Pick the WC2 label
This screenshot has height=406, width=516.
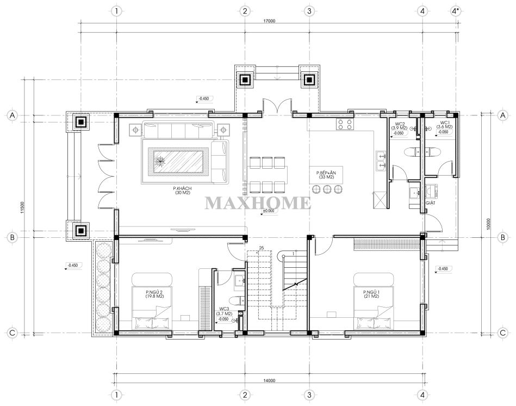400,124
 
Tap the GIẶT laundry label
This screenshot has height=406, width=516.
430,203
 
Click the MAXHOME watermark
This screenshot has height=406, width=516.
258,203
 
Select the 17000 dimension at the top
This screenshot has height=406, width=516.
269,21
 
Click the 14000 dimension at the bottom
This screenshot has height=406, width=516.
269,380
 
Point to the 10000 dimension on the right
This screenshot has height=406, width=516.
488,224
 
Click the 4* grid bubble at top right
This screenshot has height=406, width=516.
455,11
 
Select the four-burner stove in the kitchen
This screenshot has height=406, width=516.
345,124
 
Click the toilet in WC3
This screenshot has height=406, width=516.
237,300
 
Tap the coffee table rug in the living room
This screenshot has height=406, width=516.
175,161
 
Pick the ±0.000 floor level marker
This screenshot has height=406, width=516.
268,211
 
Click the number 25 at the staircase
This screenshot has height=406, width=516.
262,248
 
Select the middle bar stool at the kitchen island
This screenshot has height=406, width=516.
327,189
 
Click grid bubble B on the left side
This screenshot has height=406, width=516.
12,237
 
